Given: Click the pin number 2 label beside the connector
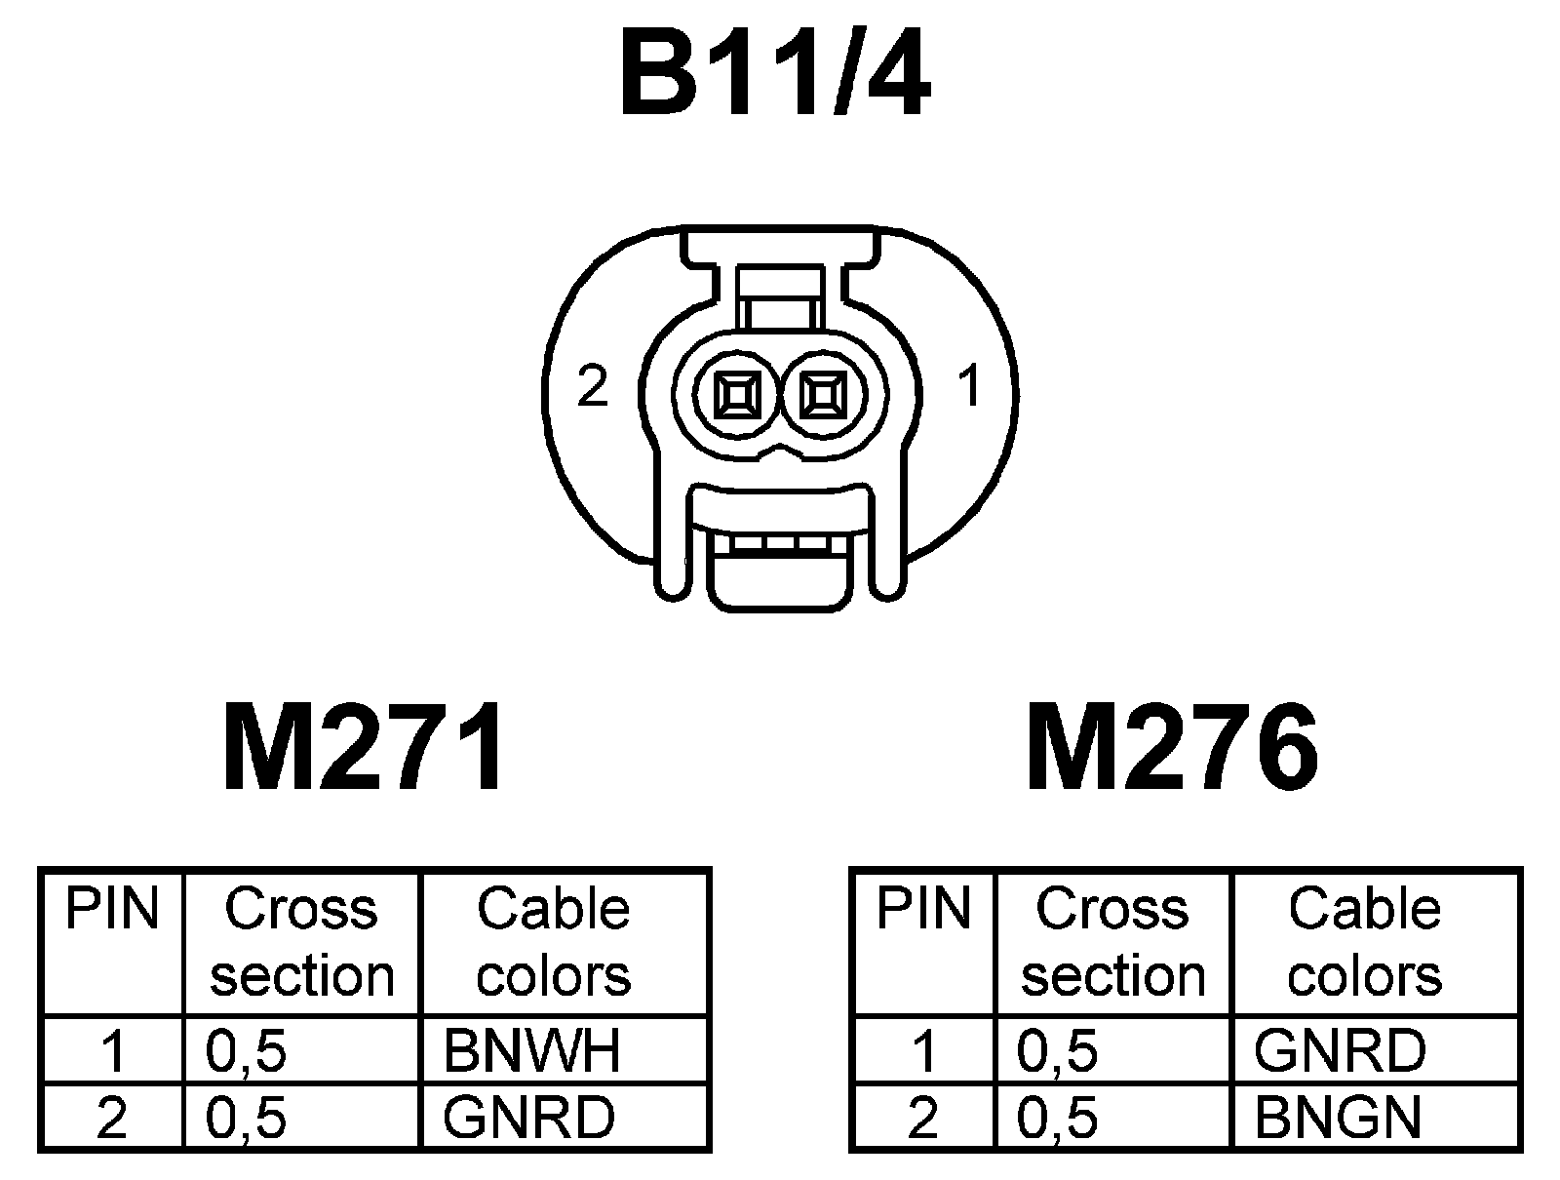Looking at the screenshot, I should click(593, 386).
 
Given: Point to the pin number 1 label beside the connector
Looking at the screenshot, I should click(969, 386).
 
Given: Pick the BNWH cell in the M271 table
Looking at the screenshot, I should click(531, 1050).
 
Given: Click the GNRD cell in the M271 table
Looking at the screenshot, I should click(529, 1117).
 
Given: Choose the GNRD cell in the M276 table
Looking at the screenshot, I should click(1341, 1050).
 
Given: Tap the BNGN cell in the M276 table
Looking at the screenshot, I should click(1338, 1117).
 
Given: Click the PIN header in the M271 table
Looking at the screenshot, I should click(111, 909).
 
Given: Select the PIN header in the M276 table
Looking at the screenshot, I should click(923, 909).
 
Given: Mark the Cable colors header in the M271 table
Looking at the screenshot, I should click(554, 942).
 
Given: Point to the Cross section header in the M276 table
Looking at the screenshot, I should click(1112, 942).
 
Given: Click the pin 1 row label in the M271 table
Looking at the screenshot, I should click(113, 1051).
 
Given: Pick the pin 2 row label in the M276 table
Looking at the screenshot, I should click(923, 1118).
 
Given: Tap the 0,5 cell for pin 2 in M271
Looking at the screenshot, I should click(247, 1118).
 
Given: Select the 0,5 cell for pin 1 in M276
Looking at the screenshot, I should click(1057, 1051).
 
